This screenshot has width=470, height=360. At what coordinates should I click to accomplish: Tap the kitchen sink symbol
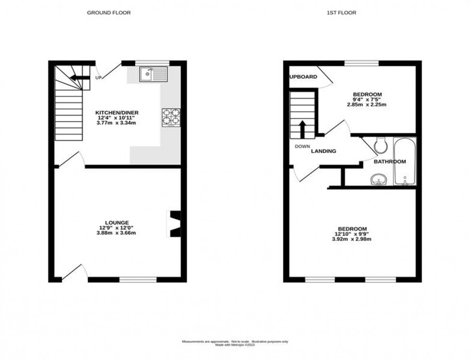[x=153, y=74]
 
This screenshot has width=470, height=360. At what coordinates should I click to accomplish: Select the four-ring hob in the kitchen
[x=171, y=116]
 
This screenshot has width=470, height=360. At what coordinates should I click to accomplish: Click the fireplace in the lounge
[x=174, y=223]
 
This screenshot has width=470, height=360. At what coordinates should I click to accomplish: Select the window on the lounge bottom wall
[x=138, y=279]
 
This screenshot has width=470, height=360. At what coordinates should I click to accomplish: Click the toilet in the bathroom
[x=380, y=143]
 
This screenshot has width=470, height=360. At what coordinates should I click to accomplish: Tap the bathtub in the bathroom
[x=405, y=162]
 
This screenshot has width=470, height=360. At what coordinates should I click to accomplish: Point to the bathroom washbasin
[x=379, y=180]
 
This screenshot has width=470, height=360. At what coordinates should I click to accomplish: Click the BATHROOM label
[x=389, y=162]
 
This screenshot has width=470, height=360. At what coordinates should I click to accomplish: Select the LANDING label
[x=323, y=151]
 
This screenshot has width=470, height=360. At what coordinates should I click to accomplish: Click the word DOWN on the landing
[x=302, y=147]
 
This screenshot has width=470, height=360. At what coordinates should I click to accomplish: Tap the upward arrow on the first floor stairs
[x=302, y=128]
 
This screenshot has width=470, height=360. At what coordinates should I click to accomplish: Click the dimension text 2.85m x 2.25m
[x=367, y=104]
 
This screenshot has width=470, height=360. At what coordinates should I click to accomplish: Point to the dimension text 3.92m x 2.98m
[x=352, y=239]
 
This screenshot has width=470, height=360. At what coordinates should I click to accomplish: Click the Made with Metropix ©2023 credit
[x=235, y=345]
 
